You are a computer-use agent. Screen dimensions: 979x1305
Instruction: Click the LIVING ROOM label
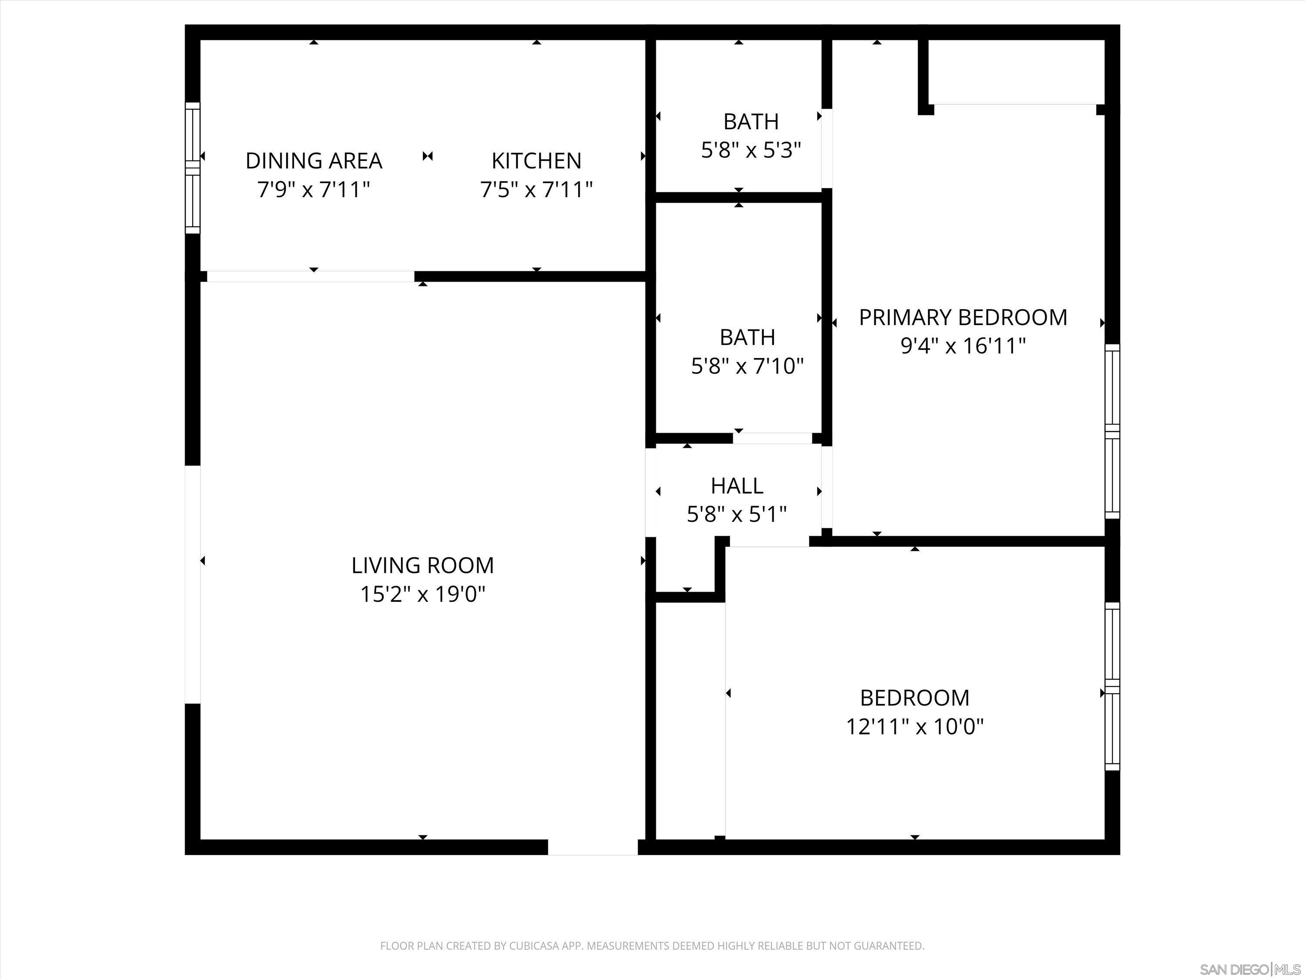422,565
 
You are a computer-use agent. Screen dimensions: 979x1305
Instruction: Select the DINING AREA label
314,161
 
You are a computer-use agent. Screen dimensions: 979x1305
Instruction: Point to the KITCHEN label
536,161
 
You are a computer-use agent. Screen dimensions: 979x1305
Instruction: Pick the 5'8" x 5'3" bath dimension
751,151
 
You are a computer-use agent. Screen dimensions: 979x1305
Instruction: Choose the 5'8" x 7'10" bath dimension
747,366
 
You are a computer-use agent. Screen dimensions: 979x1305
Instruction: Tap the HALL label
737,486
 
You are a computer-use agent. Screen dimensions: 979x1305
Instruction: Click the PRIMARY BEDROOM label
963,318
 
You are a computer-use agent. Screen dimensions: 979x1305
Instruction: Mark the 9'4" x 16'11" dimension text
963,346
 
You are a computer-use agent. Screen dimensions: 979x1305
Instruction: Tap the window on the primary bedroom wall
1112,431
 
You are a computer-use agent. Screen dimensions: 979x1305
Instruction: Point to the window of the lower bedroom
1112,686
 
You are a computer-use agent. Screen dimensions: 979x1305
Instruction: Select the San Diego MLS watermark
1250,969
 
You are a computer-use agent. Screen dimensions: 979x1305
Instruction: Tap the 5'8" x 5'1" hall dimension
737,515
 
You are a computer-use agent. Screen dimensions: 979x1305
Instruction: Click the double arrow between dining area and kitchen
428,156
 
